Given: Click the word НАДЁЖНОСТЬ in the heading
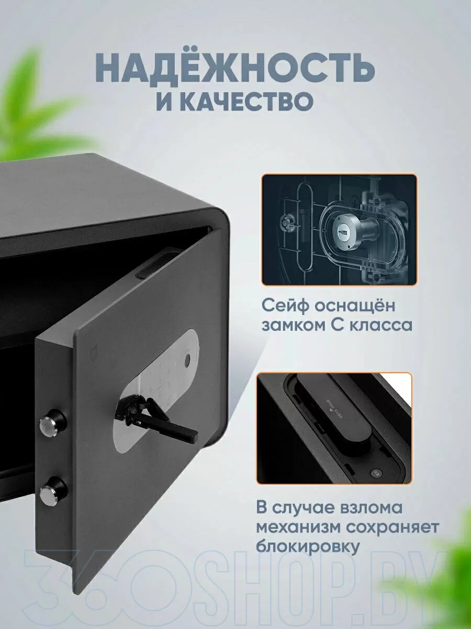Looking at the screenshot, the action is pyautogui.click(x=234, y=71).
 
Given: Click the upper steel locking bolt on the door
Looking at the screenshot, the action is pyautogui.click(x=53, y=423).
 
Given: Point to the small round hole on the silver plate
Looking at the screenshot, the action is pyautogui.click(x=187, y=359).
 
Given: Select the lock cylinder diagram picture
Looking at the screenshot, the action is pyautogui.click(x=340, y=230).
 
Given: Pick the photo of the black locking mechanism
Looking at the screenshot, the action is pyautogui.click(x=334, y=428).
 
